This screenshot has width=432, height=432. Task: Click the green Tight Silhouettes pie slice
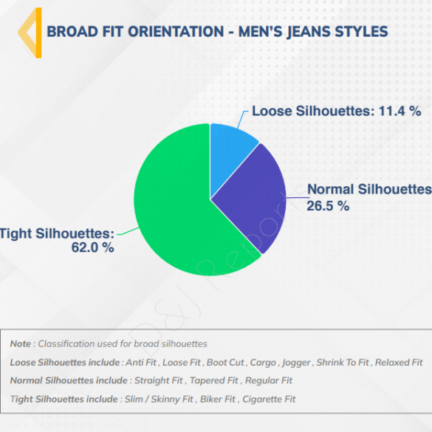pos(176,210)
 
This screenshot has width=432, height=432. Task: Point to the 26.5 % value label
pos(328,206)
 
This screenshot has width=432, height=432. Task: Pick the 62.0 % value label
pos(92,247)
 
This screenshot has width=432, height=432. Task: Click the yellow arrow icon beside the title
pos(30,32)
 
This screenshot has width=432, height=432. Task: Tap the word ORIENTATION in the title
pos(176,32)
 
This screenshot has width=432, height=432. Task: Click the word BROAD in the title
pos(72,32)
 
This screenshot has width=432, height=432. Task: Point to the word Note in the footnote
pos(21,344)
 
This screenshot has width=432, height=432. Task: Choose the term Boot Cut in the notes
pos(225,363)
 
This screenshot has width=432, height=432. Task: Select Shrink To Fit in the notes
pos(343,363)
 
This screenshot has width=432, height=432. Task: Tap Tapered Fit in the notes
pos(214,380)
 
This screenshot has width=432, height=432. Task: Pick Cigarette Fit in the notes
pos(269,399)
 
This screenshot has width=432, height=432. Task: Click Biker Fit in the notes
pos(218,399)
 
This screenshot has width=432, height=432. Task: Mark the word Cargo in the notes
pos(263,363)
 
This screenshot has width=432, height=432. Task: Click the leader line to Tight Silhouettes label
pos(128,231)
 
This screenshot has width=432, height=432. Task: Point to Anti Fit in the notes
pos(141,363)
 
